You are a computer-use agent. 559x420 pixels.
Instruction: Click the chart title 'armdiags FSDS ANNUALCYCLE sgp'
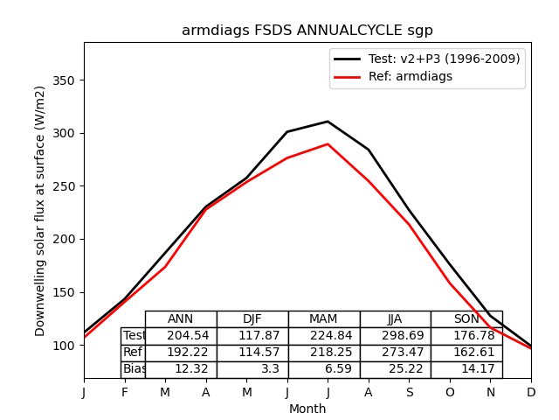coord(307,31)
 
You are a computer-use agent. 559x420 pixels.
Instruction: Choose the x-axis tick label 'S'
coord(409,393)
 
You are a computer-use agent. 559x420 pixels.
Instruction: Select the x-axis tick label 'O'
coord(450,393)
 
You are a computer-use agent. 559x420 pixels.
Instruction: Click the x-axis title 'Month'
coord(307,409)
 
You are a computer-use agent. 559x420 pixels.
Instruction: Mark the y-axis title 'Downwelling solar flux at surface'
coord(40,211)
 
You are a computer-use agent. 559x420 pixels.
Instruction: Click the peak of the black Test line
coord(328,122)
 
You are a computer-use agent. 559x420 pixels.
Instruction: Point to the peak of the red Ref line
coord(328,144)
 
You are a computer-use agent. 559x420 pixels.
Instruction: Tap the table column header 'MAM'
coord(323,319)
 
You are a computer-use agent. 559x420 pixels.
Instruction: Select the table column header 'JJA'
coord(395,319)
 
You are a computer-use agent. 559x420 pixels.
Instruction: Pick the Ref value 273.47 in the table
coord(402,353)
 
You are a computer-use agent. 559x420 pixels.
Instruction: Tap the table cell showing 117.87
coord(259,336)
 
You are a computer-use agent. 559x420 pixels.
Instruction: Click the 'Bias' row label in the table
coord(134,369)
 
